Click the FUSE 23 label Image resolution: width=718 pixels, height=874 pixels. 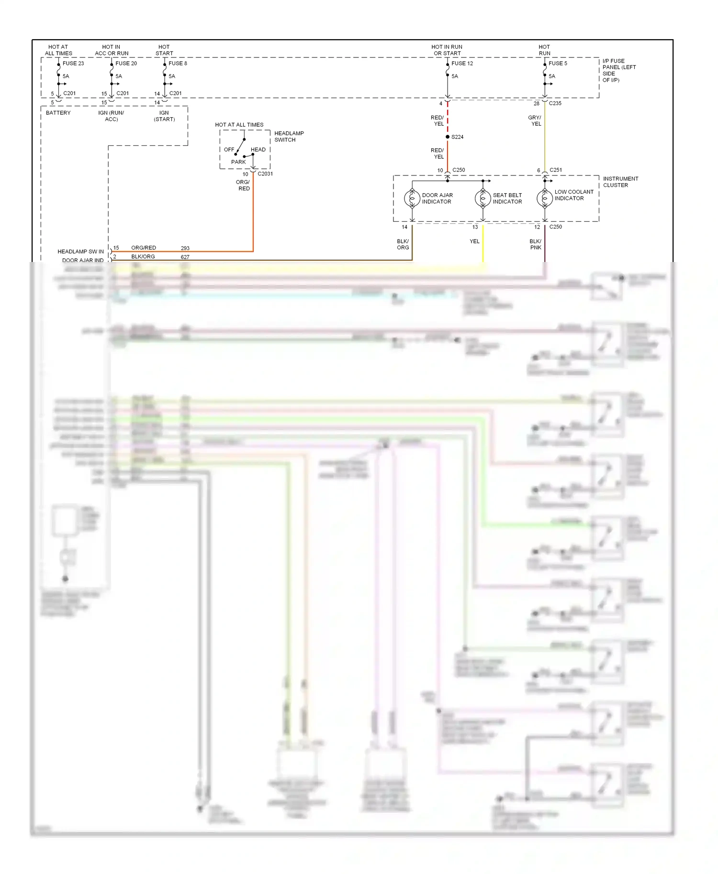click(x=73, y=63)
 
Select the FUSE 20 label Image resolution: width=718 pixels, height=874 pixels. click(x=126, y=63)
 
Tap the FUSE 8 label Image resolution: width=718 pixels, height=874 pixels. click(x=178, y=63)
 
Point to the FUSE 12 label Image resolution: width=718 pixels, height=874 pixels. click(x=462, y=63)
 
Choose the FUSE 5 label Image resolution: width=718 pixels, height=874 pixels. click(x=558, y=63)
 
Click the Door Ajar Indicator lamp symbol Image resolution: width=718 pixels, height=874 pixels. click(x=412, y=198)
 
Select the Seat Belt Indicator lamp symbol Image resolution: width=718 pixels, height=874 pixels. click(x=483, y=198)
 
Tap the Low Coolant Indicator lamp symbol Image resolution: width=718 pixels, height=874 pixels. click(x=545, y=198)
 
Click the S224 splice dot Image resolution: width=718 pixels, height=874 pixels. click(x=448, y=137)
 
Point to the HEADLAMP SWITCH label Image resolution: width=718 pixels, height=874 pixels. click(x=289, y=136)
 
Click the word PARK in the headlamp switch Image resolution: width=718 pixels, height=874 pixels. click(x=238, y=162)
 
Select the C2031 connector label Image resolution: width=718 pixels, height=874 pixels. click(x=265, y=174)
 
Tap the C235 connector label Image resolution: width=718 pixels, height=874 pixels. click(x=555, y=103)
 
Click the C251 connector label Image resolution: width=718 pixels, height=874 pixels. click(x=556, y=170)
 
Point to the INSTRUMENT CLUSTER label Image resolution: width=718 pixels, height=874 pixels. click(x=620, y=182)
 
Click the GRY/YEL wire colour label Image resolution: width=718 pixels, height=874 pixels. click(x=535, y=120)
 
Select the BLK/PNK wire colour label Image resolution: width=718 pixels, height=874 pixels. click(x=535, y=244)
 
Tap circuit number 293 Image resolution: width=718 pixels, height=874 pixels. click(x=185, y=248)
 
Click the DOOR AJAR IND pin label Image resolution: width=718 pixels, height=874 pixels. click(x=83, y=260)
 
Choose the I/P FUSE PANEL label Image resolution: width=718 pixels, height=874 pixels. click(x=618, y=70)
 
